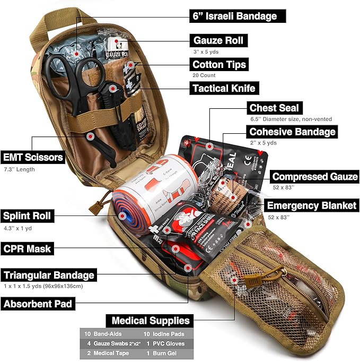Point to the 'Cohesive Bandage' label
tap(292, 132)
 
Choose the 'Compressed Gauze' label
tap(315, 177)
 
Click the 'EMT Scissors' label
tap(33, 158)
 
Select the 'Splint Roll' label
tap(27, 216)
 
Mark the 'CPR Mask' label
tap(27, 248)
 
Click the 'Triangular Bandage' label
tap(48, 275)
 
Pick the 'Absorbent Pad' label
tap(38, 304)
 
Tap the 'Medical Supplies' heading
tap(150, 321)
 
